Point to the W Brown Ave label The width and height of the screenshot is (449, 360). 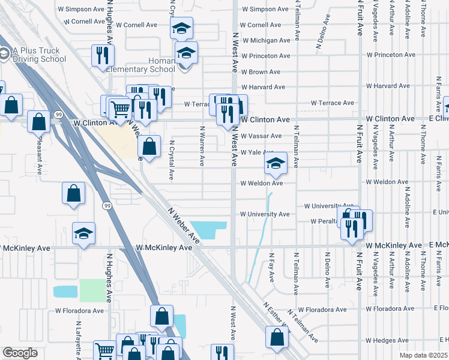coord(261,71)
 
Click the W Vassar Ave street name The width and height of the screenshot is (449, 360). coord(261,136)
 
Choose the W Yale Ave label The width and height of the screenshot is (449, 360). coord(257,152)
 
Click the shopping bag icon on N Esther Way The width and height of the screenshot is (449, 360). coord(276,339)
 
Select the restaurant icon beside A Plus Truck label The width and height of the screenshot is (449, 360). coord(101,56)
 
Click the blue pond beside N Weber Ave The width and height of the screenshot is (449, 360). coord(209,229)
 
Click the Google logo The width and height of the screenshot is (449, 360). coord(20,353)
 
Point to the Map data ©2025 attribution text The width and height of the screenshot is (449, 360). coord(424,355)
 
